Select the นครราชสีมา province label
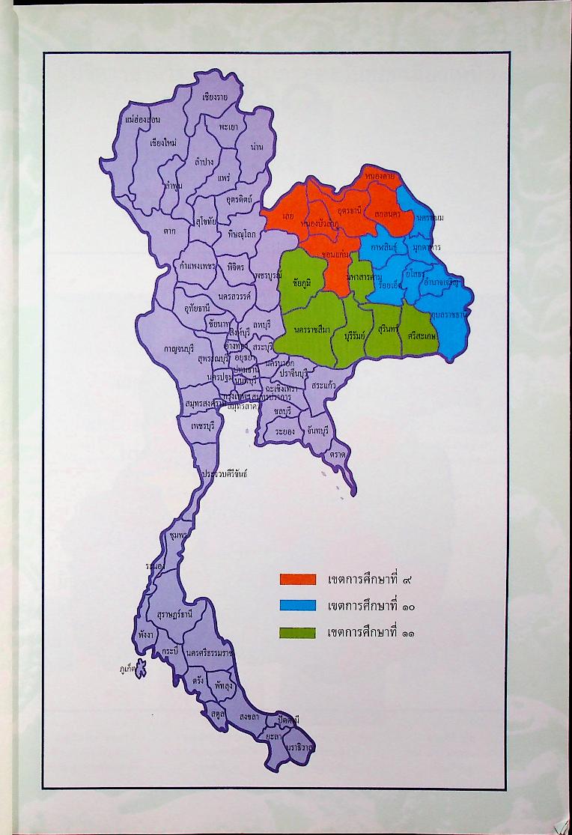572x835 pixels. pos(314,330)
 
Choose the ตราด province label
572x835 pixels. pos(337,455)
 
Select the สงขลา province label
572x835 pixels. pos(250,716)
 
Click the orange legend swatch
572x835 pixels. pos(298,580)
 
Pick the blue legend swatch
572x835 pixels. pos(298,605)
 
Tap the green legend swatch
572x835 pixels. pos(298,632)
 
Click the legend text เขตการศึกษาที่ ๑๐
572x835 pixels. pos(371,606)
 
